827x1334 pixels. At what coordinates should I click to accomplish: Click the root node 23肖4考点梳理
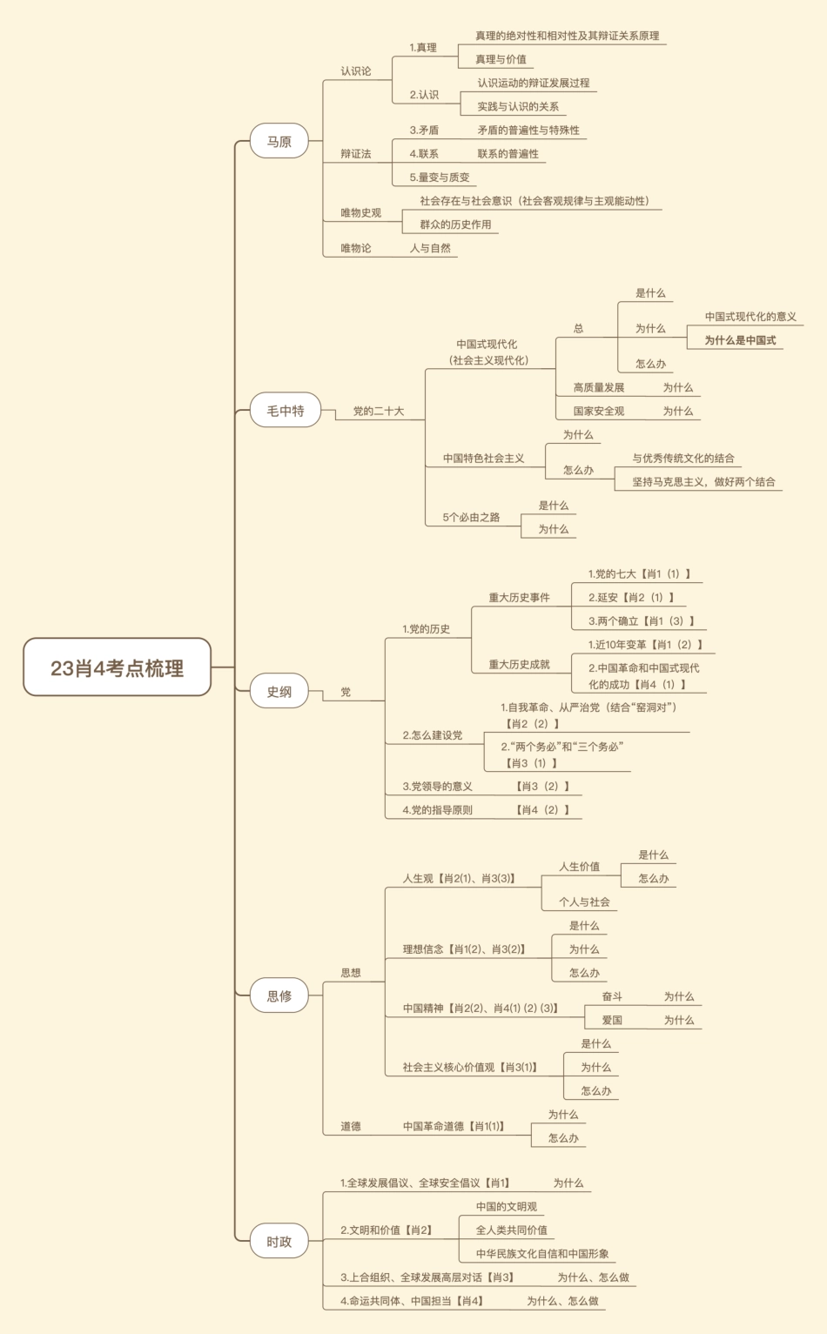(117, 667)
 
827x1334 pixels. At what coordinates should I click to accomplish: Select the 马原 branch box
(279, 141)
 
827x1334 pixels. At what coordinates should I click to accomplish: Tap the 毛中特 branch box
(286, 411)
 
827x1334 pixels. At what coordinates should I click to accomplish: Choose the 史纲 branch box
(279, 692)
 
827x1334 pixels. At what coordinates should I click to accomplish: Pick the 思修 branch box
(279, 996)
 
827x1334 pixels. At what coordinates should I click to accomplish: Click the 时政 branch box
(279, 1242)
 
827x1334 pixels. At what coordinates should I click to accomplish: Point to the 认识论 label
(355, 71)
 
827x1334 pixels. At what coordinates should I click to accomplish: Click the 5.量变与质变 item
(440, 178)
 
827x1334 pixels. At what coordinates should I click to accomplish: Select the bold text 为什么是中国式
(740, 340)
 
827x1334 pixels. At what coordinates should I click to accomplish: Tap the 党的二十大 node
(378, 411)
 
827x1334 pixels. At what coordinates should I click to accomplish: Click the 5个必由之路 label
(471, 517)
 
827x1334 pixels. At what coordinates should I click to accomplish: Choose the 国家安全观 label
(598, 411)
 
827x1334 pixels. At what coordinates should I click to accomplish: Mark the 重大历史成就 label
(519, 664)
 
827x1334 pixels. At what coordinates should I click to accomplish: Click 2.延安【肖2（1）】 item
(631, 598)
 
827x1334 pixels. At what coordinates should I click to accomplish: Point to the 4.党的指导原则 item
(437, 809)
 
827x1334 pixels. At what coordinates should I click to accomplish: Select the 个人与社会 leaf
(584, 902)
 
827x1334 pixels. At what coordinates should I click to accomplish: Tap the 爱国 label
(612, 1020)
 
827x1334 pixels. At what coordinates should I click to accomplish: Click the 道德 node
(351, 1126)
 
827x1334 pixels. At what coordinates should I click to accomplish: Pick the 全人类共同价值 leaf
(512, 1230)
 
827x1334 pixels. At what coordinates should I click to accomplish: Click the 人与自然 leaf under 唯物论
(430, 248)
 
